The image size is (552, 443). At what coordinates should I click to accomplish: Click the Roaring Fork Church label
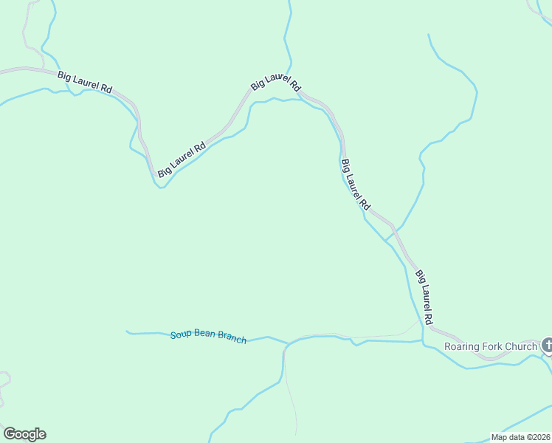491,346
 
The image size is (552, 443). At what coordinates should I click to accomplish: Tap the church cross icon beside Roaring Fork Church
547,345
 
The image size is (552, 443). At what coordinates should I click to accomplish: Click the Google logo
24,434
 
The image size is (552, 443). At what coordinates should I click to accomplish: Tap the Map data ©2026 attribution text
520,437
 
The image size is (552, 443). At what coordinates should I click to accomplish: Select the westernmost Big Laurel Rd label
85,80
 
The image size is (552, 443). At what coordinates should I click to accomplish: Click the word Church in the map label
522,346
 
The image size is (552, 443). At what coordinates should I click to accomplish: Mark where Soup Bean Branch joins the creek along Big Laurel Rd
423,342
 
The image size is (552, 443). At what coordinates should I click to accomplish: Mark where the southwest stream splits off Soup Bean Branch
284,345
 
